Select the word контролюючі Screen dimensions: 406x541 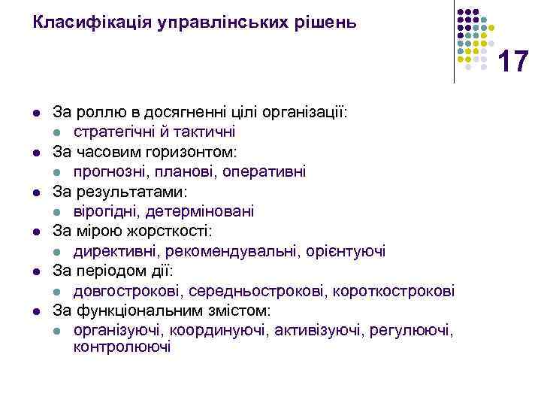click(x=122, y=347)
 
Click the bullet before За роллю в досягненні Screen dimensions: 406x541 click(x=36, y=112)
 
